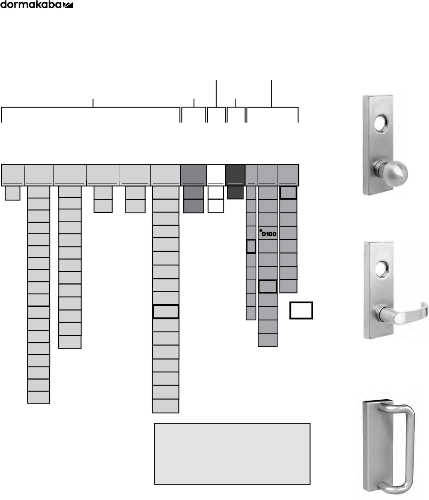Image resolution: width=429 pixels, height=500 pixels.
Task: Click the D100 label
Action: pos(270,234)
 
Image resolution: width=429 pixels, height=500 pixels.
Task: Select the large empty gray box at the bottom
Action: pos(232,453)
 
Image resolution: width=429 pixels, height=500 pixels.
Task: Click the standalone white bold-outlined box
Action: pos(301,310)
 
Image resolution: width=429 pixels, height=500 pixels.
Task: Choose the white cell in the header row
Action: pos(216,174)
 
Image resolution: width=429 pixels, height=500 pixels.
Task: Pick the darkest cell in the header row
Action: pos(235,174)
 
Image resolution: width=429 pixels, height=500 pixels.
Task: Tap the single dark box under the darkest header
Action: pos(235,192)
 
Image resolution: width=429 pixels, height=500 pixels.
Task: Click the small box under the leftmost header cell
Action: pos(12,193)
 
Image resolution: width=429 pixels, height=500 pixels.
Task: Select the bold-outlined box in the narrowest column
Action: pos(251,247)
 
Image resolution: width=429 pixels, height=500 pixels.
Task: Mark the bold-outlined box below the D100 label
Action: pos(268,286)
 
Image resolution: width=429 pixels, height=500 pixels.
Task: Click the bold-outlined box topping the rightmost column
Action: pos(288,193)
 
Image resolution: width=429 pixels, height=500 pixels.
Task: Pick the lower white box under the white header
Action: pos(215,206)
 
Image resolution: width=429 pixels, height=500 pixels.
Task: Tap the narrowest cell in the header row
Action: pos(251,174)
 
